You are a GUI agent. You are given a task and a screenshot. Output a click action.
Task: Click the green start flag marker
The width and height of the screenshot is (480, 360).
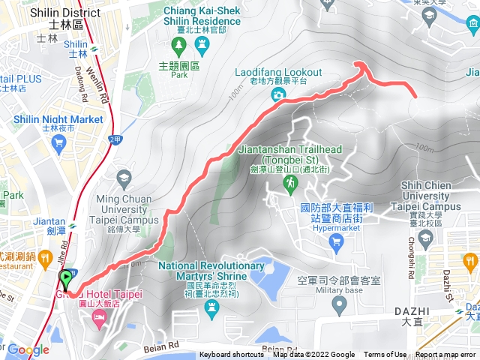[66, 279]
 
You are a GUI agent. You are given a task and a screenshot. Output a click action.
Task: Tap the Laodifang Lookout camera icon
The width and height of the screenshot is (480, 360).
[278, 94]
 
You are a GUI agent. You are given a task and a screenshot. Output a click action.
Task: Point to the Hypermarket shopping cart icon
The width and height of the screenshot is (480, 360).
[336, 239]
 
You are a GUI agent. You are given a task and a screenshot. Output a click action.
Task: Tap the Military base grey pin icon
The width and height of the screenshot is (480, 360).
[339, 304]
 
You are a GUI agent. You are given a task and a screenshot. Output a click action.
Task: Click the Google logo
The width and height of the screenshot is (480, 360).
[28, 349]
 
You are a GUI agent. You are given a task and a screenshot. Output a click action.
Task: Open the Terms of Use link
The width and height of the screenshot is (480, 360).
[385, 355]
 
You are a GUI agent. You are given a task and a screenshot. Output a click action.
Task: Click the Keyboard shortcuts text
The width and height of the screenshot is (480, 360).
[232, 355]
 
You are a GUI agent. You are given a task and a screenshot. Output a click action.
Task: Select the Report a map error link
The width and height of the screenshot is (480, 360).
[445, 355]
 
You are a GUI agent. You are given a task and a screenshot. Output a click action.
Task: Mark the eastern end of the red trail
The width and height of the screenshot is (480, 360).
[415, 94]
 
